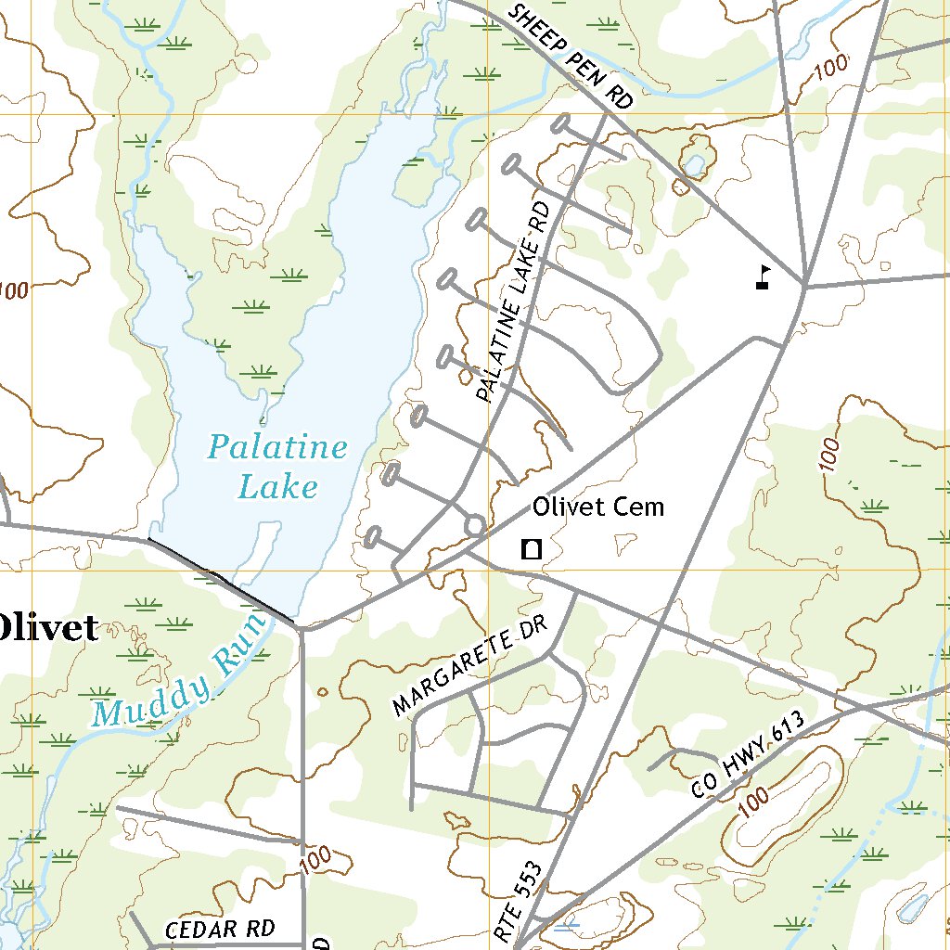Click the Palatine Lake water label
[x=276, y=467]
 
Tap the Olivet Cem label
[x=597, y=507]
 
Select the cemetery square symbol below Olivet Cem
[x=532, y=548]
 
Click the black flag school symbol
[x=763, y=277]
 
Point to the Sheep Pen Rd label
[x=570, y=55]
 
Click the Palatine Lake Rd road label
[x=513, y=303]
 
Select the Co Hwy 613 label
[x=745, y=760]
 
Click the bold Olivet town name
[x=46, y=628]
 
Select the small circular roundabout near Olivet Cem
[x=473, y=526]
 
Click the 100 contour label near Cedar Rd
[x=315, y=860]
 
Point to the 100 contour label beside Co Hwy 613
[x=755, y=802]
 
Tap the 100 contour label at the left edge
[x=13, y=291]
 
